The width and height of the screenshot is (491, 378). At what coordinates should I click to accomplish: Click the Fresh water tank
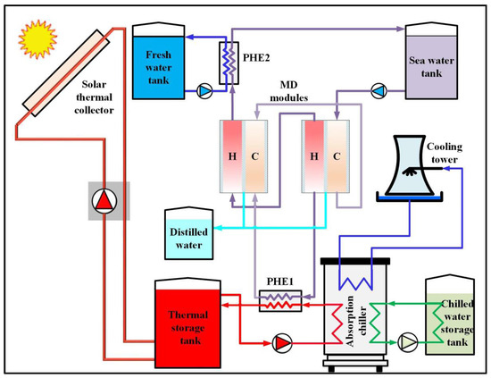pos(162,61)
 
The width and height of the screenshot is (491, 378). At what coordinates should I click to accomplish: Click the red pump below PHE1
pos(281,340)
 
